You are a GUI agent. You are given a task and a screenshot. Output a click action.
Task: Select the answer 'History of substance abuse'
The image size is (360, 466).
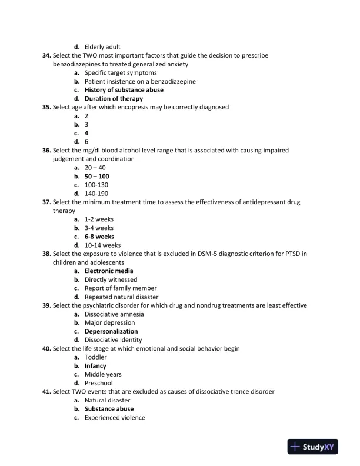[124, 90]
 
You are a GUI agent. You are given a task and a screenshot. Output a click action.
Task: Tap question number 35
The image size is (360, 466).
[46, 107]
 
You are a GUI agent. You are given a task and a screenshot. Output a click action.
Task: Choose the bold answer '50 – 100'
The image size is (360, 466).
[97, 176]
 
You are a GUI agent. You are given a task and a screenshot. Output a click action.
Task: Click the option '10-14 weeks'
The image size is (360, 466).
[103, 245]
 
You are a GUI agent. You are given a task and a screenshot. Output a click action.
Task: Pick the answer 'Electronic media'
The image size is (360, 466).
[109, 271]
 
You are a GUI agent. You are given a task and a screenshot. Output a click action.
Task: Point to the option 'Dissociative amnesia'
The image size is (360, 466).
[114, 314]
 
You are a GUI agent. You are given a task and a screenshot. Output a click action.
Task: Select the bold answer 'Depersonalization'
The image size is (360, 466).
[111, 331]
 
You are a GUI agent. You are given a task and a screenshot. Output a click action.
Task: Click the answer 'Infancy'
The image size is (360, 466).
[95, 365]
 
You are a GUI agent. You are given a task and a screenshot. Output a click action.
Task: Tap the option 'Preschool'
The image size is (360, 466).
[99, 383]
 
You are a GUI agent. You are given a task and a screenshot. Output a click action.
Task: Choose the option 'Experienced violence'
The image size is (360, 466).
[115, 417]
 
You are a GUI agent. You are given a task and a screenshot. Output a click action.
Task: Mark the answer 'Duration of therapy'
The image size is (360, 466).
[114, 99]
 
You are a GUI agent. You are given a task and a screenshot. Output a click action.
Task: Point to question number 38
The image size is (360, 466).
[46, 254]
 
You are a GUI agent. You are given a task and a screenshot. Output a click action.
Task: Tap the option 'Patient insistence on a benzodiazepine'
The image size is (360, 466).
[140, 81]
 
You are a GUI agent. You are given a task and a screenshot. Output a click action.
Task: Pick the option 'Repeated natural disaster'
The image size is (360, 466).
[121, 297]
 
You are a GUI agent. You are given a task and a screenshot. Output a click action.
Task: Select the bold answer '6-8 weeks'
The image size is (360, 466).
[99, 237]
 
